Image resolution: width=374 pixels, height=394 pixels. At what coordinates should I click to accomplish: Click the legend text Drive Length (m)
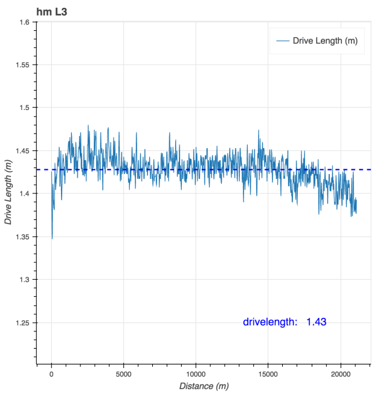pos(324,40)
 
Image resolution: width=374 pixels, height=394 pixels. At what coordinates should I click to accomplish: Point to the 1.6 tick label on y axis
pos(24,22)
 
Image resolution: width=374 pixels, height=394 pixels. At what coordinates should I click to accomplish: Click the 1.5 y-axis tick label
pos(24,108)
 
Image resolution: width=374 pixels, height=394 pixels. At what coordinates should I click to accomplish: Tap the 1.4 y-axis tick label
pos(24,193)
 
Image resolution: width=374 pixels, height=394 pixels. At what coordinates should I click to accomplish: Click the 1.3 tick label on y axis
pos(24,279)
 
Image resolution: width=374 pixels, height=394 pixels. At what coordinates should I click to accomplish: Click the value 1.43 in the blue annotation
pos(316,322)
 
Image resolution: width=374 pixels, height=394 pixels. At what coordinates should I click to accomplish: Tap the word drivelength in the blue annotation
pos(269,322)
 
